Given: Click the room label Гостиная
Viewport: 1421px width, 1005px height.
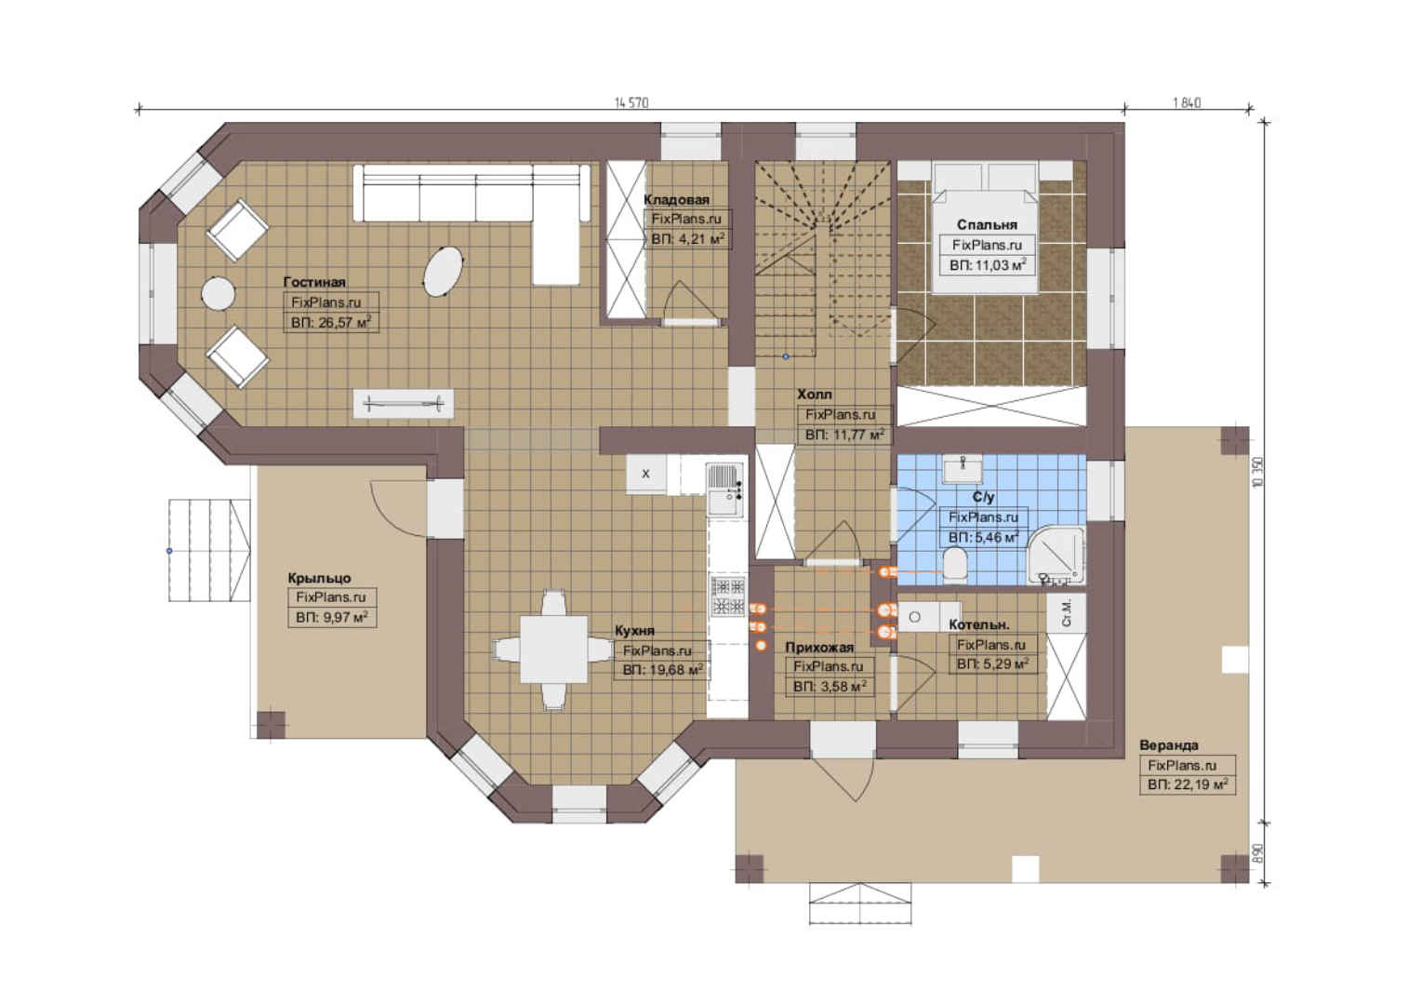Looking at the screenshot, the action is (x=314, y=282).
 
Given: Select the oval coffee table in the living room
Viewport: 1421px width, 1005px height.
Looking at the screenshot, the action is (x=443, y=271).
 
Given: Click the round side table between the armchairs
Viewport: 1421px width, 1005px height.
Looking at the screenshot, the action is (x=219, y=293).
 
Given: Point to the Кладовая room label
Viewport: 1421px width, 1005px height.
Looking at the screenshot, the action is (x=676, y=200).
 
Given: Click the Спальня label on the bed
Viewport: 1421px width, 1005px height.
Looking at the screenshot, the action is (x=987, y=225).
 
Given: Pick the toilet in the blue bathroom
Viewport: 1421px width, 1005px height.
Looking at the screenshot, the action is (x=954, y=565).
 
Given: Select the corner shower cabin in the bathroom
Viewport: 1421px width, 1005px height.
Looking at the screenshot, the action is (x=1056, y=556).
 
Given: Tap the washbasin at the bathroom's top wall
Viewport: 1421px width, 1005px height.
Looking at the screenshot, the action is (x=963, y=468).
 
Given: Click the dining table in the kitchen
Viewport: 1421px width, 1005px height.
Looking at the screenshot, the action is (x=554, y=649).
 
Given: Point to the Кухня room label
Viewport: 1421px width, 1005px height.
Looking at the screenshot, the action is (x=634, y=630).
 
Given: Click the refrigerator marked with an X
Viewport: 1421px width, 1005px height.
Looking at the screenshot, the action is (x=645, y=474).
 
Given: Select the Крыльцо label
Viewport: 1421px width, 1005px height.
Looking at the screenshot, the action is (x=319, y=579).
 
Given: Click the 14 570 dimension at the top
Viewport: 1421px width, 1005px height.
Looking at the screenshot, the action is (x=631, y=103).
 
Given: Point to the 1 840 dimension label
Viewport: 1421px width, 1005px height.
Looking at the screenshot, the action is (x=1187, y=103).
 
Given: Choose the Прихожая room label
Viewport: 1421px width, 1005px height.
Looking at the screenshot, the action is (x=819, y=648).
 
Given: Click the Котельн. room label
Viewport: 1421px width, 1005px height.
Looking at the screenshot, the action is (x=979, y=624).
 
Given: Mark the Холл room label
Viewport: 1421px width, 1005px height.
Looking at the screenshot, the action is (x=815, y=395).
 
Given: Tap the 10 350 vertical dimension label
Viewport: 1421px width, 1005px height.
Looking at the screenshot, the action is (x=1258, y=473).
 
